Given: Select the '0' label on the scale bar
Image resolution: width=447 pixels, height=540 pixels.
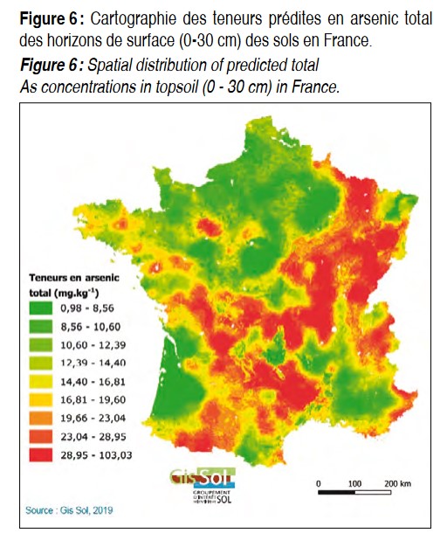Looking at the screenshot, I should click(x=319, y=483).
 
